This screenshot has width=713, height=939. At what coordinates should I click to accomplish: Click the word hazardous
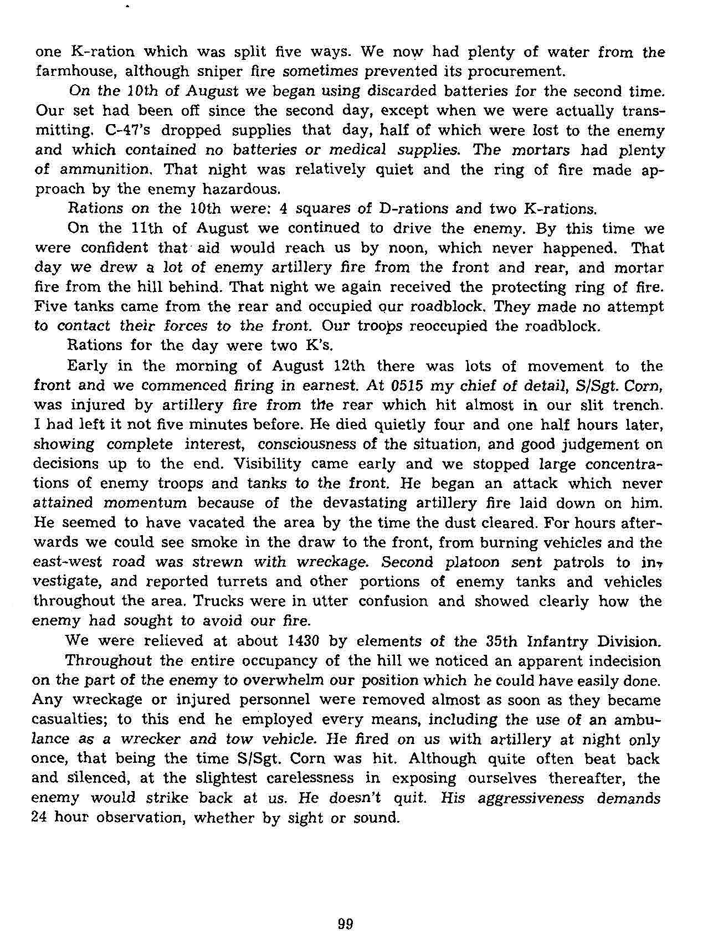coord(235,189)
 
